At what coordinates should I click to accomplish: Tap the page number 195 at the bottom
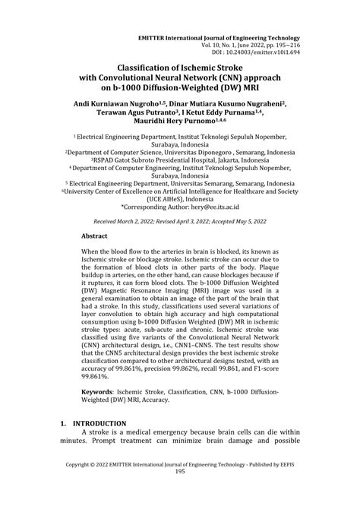[x=180, y=493]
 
